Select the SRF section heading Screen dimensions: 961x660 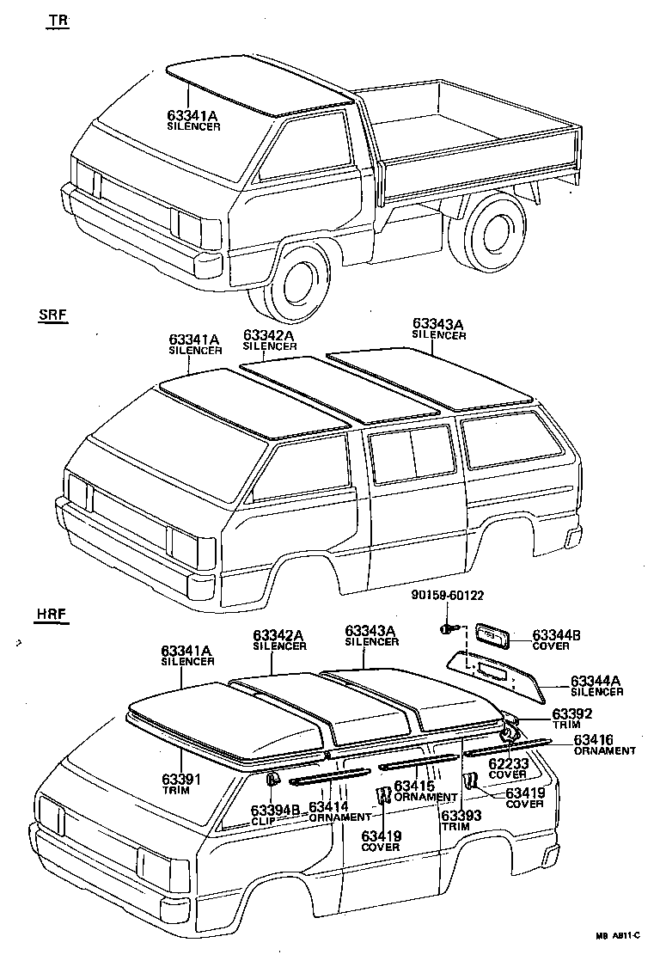[52, 315]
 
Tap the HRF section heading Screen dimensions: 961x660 [52, 615]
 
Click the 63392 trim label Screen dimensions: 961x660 [571, 719]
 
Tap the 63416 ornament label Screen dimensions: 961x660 [604, 744]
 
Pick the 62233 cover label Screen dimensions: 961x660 [507, 768]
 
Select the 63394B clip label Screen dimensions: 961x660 [275, 815]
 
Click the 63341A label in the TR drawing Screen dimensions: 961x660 [193, 119]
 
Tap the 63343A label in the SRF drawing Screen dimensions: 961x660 [438, 328]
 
